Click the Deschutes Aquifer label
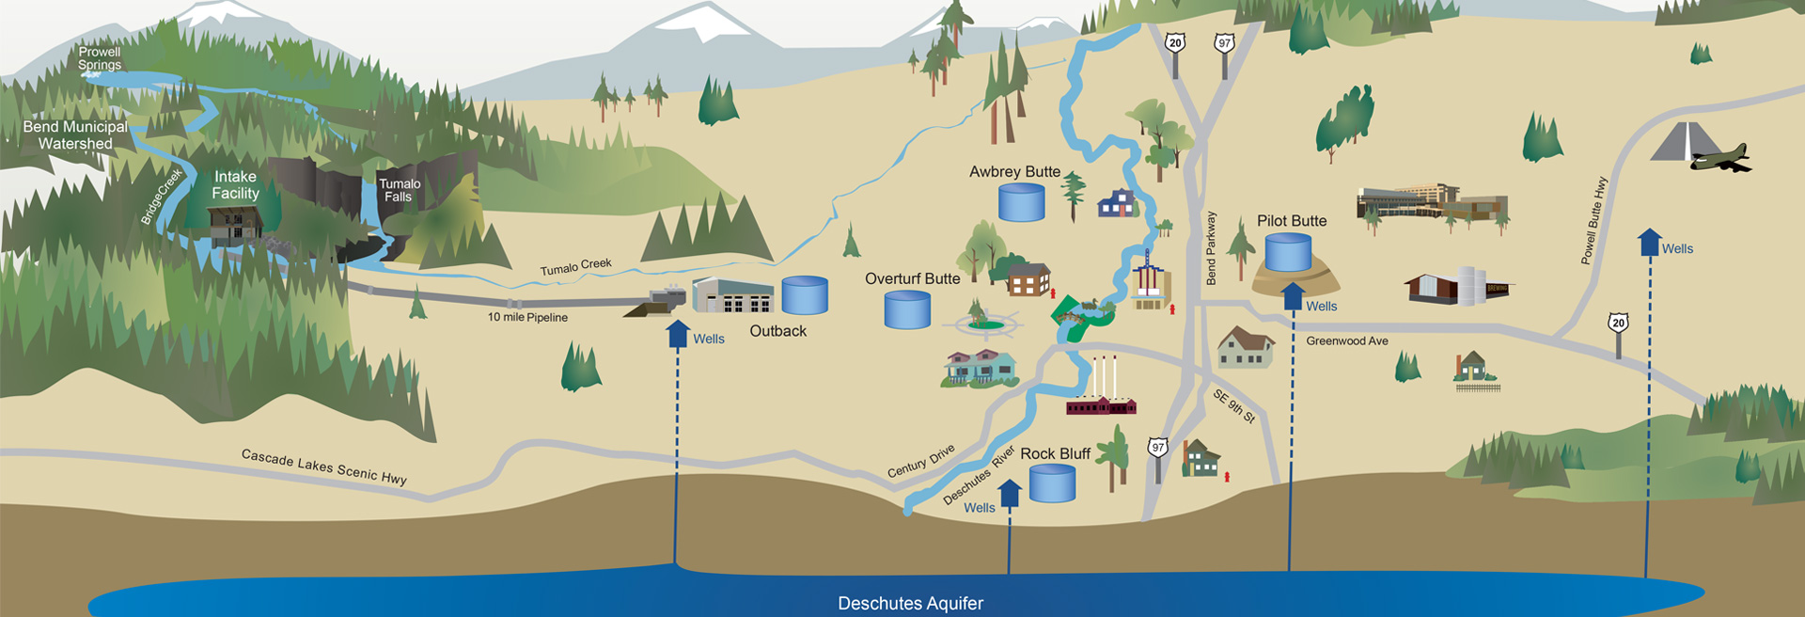tap(910, 603)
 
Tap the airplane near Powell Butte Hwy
tap(1719, 158)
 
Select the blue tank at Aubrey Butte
tap(1021, 202)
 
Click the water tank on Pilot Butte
tap(1287, 253)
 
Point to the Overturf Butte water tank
tap(907, 309)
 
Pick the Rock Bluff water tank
tap(1052, 483)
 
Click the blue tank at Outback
tap(805, 294)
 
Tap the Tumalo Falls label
tap(400, 190)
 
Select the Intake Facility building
tap(235, 227)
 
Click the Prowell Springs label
tap(100, 58)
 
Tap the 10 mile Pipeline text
tap(527, 317)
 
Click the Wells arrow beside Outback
tap(678, 334)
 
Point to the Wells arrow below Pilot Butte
tap(1293, 295)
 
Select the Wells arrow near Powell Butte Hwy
tap(1649, 243)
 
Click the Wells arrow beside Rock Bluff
tap(1009, 493)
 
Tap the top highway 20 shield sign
tap(1174, 43)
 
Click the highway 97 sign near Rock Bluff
tap(1157, 448)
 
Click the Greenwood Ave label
tap(1346, 340)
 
